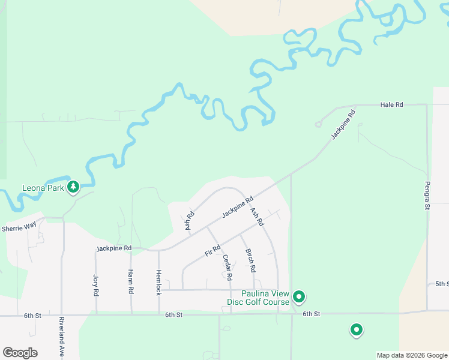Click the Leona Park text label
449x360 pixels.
[43, 188]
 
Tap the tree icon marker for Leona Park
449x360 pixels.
[73, 187]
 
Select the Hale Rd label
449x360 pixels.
[392, 104]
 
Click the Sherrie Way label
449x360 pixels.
[19, 228]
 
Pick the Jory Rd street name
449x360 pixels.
[95, 286]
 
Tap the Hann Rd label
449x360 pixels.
[131, 282]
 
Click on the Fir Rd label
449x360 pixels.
[213, 250]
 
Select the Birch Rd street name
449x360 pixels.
[251, 260]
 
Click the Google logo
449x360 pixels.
[20, 353]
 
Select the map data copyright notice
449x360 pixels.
[412, 355]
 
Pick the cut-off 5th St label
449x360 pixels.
[442, 284]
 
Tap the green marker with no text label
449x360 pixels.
[357, 329]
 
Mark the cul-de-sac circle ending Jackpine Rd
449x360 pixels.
[318, 125]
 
